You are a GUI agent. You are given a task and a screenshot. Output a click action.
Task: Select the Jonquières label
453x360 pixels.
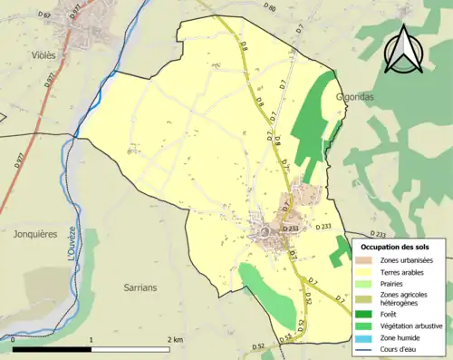pyautogui.click(x=35, y=233)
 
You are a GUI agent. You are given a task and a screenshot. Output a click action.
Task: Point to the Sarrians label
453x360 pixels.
pyautogui.click(x=140, y=287)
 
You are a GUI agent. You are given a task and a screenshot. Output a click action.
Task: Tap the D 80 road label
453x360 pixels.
pyautogui.click(x=269, y=8)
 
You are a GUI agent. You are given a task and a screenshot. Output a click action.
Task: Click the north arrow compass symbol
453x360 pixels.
pyautogui.click(x=402, y=49)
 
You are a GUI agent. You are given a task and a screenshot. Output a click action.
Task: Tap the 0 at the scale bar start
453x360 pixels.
pyautogui.click(x=13, y=339)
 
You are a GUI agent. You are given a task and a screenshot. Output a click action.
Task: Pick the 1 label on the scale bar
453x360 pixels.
pyautogui.click(x=92, y=339)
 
